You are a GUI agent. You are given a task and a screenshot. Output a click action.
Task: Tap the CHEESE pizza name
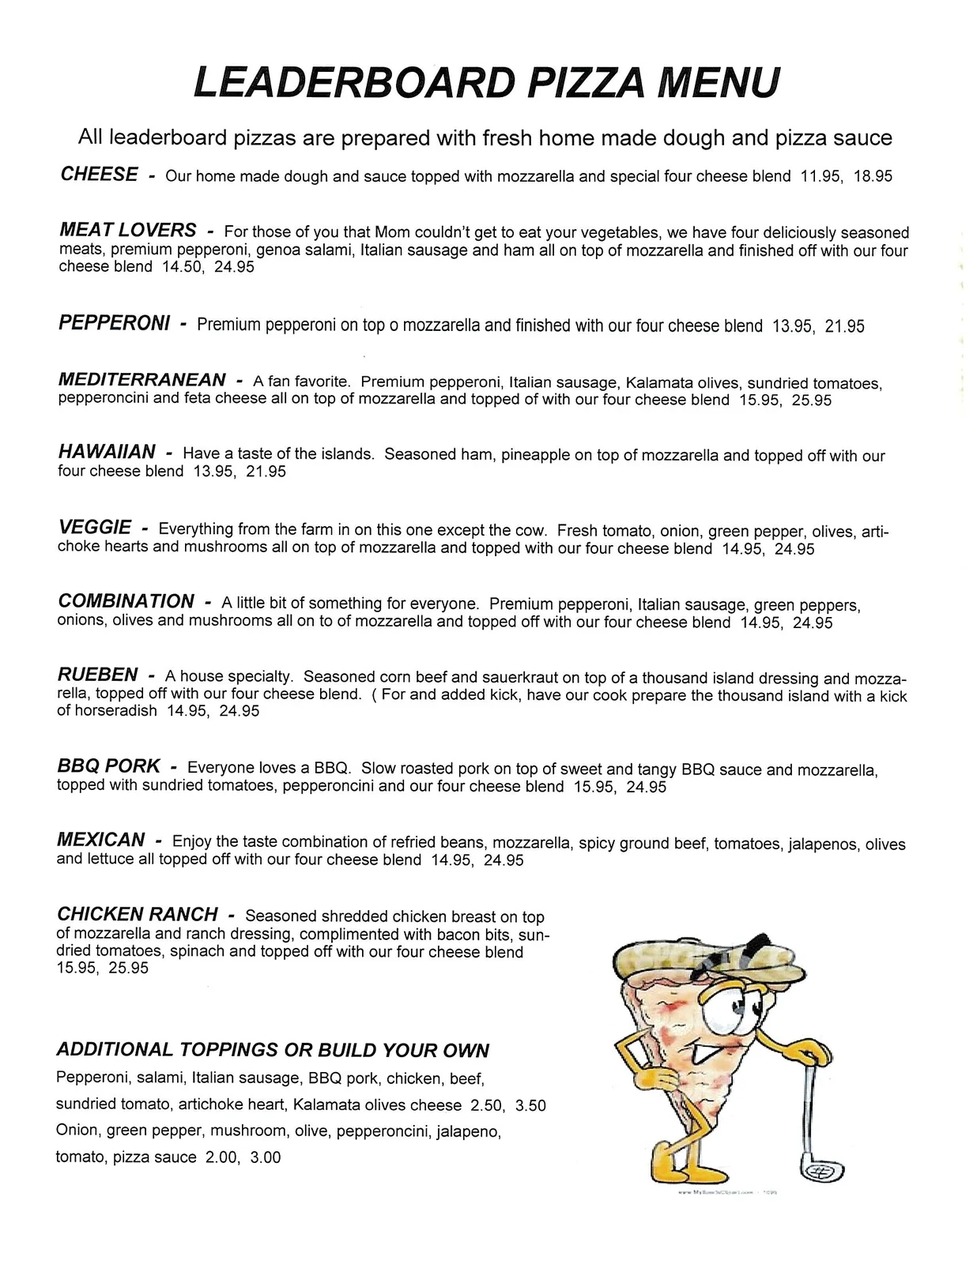coord(99,174)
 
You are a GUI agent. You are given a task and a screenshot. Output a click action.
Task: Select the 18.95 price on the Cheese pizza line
coord(872,176)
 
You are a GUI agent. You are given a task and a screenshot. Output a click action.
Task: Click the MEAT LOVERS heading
coord(127,230)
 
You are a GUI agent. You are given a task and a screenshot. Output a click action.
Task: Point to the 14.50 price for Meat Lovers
coord(183,267)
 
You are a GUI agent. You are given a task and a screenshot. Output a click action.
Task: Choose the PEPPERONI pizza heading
coord(114,323)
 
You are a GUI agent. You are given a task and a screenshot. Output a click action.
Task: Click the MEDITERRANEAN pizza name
coord(142,380)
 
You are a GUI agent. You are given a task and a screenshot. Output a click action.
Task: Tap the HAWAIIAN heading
coord(107,452)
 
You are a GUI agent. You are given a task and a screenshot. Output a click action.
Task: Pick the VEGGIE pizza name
coord(95,527)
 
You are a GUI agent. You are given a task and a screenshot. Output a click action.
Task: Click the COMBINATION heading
coord(126,601)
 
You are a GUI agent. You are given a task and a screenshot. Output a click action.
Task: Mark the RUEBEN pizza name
coord(97,675)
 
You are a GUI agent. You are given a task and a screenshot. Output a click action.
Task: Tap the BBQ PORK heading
coord(108,766)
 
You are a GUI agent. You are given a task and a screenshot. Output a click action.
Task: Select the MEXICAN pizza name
coord(100,840)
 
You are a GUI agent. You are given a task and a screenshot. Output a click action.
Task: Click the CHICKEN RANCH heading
coord(137,914)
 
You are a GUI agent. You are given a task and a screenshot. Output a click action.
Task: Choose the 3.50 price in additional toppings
coord(530,1105)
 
